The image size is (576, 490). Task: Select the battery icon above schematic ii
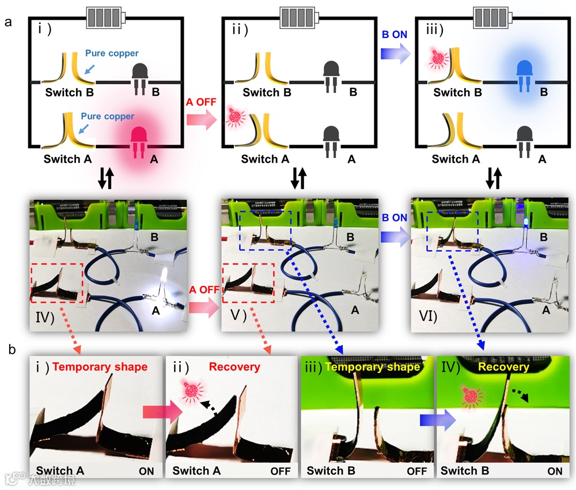(300, 17)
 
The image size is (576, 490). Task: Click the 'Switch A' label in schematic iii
(456, 159)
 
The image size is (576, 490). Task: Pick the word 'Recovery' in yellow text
(503, 367)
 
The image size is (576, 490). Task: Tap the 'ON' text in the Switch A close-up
(146, 470)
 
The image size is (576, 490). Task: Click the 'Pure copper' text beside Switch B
(112, 54)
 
